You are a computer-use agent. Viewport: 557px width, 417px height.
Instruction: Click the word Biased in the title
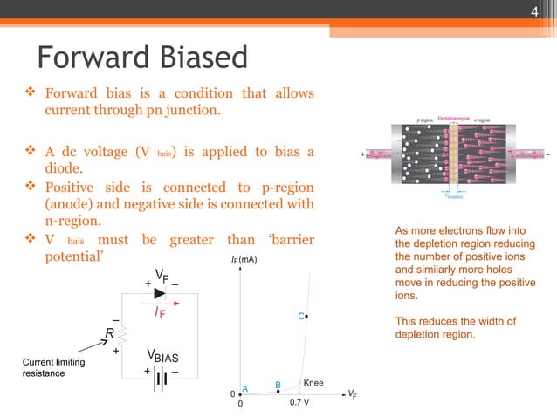point(197,59)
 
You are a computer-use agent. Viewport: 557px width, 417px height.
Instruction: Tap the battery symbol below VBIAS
point(161,381)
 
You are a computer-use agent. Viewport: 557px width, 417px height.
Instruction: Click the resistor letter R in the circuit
point(111,332)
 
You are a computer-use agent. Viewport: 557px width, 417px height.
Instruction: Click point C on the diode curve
point(303,317)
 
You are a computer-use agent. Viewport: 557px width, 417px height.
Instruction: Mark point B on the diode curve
point(278,386)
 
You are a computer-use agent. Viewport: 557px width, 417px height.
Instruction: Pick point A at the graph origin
point(244,390)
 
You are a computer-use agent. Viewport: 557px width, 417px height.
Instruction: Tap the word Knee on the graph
point(313,382)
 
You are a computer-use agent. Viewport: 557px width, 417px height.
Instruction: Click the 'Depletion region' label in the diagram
point(453,118)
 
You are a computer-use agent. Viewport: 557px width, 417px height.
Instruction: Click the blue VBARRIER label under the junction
point(454,196)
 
